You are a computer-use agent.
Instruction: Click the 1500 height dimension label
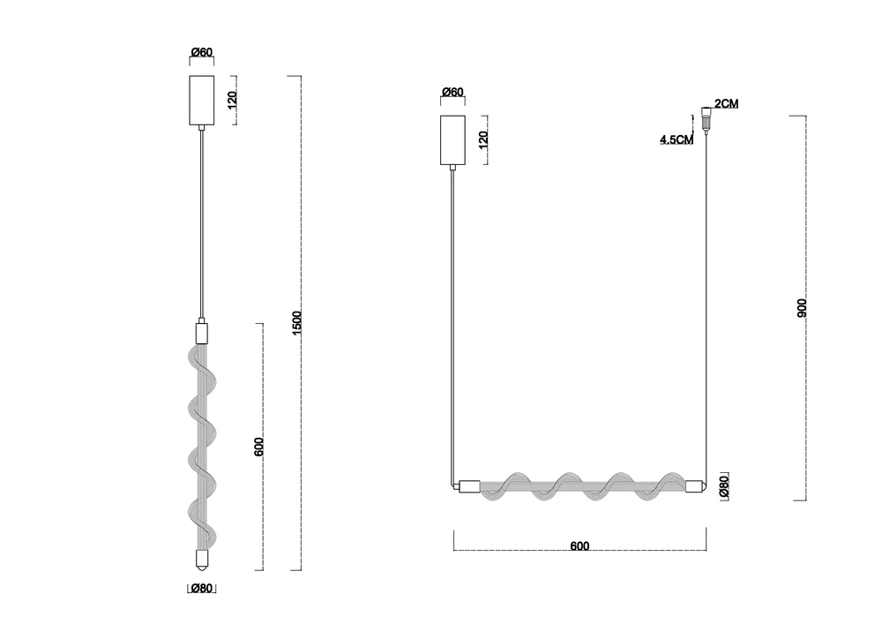[x=297, y=323]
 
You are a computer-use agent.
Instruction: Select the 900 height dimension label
[x=802, y=308]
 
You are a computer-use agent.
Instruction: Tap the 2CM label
[x=726, y=103]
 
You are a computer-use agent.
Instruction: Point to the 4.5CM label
[x=676, y=139]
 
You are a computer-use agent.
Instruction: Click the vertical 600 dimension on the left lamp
[x=258, y=447]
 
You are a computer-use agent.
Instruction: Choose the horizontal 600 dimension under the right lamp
[x=579, y=545]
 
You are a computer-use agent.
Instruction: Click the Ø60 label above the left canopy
[x=202, y=52]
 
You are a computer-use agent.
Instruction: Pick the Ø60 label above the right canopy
[x=452, y=92]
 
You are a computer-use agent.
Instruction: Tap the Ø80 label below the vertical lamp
[x=201, y=589]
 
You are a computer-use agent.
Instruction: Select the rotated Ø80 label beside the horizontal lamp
[x=724, y=485]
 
